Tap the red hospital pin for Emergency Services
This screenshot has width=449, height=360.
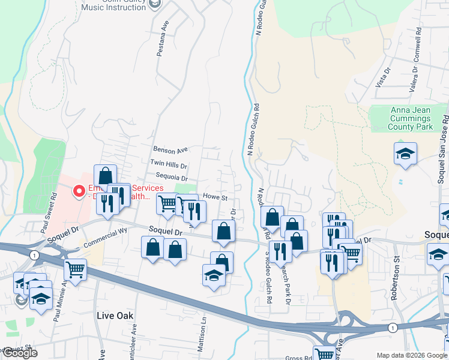click(x=78, y=191)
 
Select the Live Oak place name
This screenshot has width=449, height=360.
click(x=115, y=315)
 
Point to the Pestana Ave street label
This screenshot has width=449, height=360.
click(x=161, y=40)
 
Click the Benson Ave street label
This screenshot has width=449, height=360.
click(x=170, y=149)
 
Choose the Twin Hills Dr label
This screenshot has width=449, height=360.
click(x=169, y=164)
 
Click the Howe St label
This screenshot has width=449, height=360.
click(x=215, y=197)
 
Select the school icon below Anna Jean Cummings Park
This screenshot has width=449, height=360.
click(x=405, y=154)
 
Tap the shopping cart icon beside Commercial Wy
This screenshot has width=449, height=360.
click(x=75, y=269)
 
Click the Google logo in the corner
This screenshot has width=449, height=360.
click(x=20, y=353)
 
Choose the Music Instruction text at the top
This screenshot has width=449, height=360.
click(x=122, y=7)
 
